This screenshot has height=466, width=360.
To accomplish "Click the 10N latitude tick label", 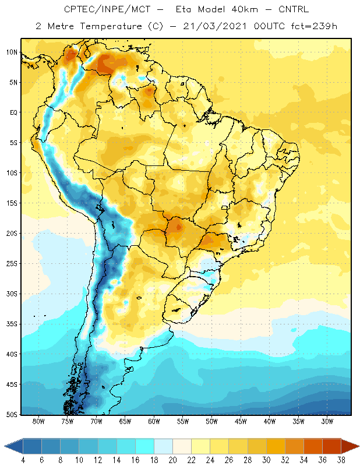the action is pyautogui.click(x=12, y=52).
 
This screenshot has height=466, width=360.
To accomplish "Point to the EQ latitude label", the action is pyautogui.click(x=13, y=112).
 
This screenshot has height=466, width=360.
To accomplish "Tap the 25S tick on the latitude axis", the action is pyautogui.click(x=12, y=264).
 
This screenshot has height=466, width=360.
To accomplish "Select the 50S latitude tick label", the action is pyautogui.click(x=12, y=415).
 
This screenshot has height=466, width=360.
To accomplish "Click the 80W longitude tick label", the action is pyautogui.click(x=38, y=421).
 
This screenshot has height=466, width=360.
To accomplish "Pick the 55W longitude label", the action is pyautogui.click(x=183, y=421).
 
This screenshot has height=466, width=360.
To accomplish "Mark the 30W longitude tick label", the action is pyautogui.click(x=327, y=421).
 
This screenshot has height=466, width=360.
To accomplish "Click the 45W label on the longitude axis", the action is pyautogui.click(x=241, y=421).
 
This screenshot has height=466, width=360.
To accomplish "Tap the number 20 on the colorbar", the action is pyautogui.click(x=172, y=460).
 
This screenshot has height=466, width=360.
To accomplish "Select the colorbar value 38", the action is pyautogui.click(x=341, y=460).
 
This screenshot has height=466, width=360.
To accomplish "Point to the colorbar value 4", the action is pyautogui.click(x=23, y=460).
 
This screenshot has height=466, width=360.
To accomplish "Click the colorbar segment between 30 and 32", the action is pyautogui.click(x=276, y=446).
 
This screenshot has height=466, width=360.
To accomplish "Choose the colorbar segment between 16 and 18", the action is pyautogui.click(x=144, y=446).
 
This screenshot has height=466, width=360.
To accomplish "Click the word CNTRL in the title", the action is pyautogui.click(x=294, y=9).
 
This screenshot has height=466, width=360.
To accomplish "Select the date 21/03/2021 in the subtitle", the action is pyautogui.click(x=214, y=26).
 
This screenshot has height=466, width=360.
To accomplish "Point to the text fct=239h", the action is pyautogui.click(x=314, y=26).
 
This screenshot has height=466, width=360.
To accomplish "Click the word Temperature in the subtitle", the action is pyautogui.click(x=111, y=27).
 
